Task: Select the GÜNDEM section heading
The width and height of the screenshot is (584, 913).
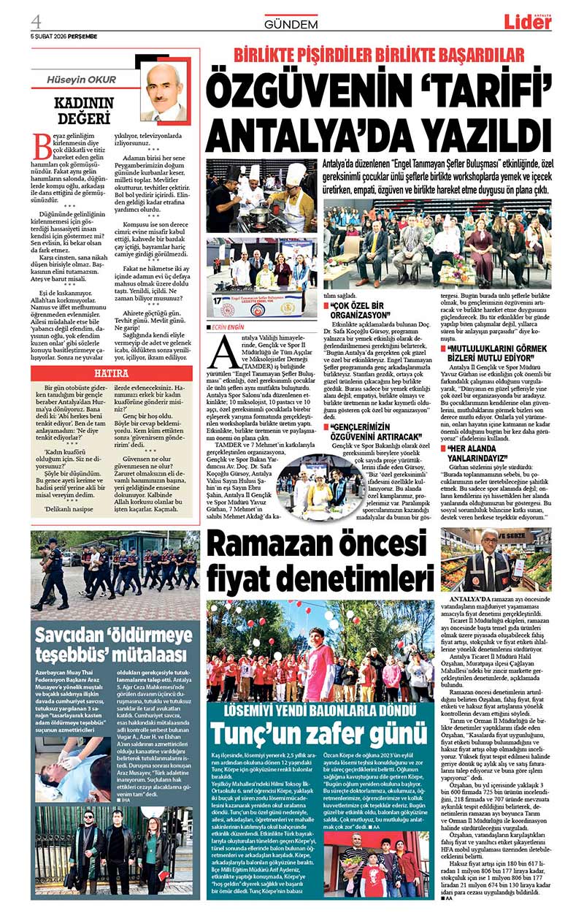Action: pos(291,24)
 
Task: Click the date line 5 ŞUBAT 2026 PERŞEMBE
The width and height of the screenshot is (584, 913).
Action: pos(64,36)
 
